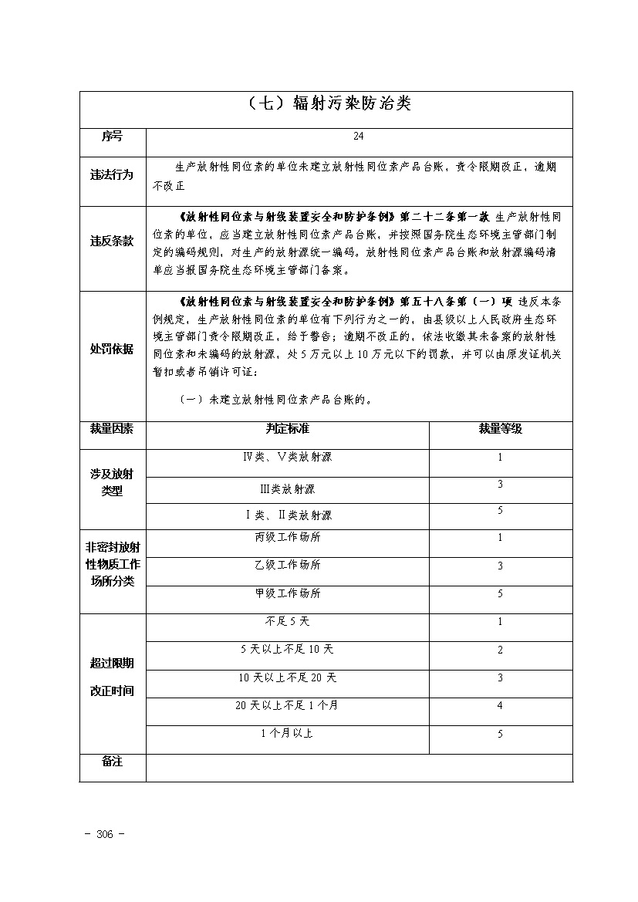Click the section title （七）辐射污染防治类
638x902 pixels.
click(326, 104)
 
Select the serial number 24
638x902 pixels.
click(358, 137)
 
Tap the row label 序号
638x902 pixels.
click(112, 137)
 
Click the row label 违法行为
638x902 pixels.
click(112, 175)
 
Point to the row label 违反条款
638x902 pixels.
click(112, 241)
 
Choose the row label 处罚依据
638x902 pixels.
click(112, 349)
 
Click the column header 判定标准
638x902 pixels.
click(287, 428)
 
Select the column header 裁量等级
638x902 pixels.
click(500, 428)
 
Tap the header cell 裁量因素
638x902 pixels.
click(112, 428)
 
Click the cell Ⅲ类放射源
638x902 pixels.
click(287, 488)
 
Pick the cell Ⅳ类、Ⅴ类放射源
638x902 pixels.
click(287, 457)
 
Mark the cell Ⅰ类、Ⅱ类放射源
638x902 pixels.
click(287, 515)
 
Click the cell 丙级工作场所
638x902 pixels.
click(287, 537)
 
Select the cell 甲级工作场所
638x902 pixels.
click(287, 593)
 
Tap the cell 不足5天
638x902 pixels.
click(287, 621)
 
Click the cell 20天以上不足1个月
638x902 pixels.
click(287, 705)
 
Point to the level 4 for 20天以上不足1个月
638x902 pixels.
click(500, 705)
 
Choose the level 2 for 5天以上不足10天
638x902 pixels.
click(500, 650)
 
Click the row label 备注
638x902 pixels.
click(112, 762)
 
